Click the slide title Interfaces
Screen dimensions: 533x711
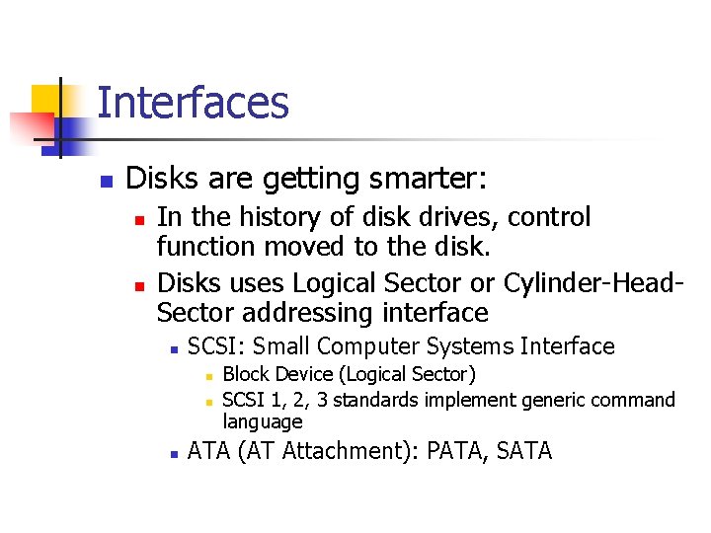click(x=193, y=103)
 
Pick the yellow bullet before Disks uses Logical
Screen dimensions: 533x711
click(x=141, y=285)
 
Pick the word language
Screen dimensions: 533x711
click(x=262, y=422)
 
